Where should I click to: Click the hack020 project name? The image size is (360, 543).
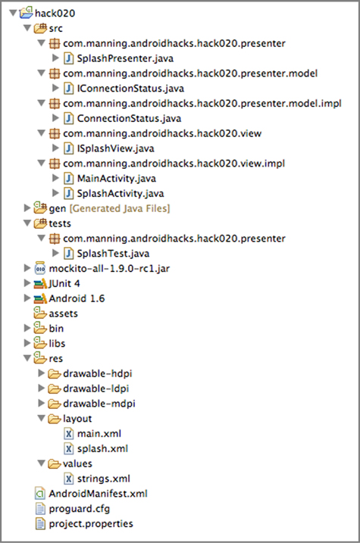[x=55, y=14]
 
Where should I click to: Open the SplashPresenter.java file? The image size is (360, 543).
[x=125, y=58]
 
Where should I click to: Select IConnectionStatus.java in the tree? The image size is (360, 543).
[x=130, y=89]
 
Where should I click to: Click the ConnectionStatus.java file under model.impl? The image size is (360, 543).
[x=129, y=118]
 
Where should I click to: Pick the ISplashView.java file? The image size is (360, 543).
[x=115, y=148]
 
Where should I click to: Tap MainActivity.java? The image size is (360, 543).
[x=117, y=179]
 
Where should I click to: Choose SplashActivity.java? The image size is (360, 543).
[x=121, y=194]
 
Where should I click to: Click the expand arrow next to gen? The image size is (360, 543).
[x=27, y=208]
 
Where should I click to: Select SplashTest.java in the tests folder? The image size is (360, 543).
[x=113, y=254]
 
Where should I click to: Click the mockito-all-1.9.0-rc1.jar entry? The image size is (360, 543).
[x=109, y=269]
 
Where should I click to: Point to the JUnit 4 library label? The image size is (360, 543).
[x=64, y=284]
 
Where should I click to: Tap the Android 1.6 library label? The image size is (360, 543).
[x=77, y=298]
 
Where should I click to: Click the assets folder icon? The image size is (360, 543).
[x=40, y=313]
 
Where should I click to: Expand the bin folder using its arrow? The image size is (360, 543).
[x=27, y=328]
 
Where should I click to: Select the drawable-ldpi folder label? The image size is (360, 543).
[x=95, y=389]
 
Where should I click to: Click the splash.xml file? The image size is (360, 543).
[x=102, y=449]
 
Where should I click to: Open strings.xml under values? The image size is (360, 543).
[x=104, y=479]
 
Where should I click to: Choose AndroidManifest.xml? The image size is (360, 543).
[x=98, y=494]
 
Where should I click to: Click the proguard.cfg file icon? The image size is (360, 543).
[x=40, y=509]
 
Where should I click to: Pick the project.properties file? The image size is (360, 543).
[x=91, y=524]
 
